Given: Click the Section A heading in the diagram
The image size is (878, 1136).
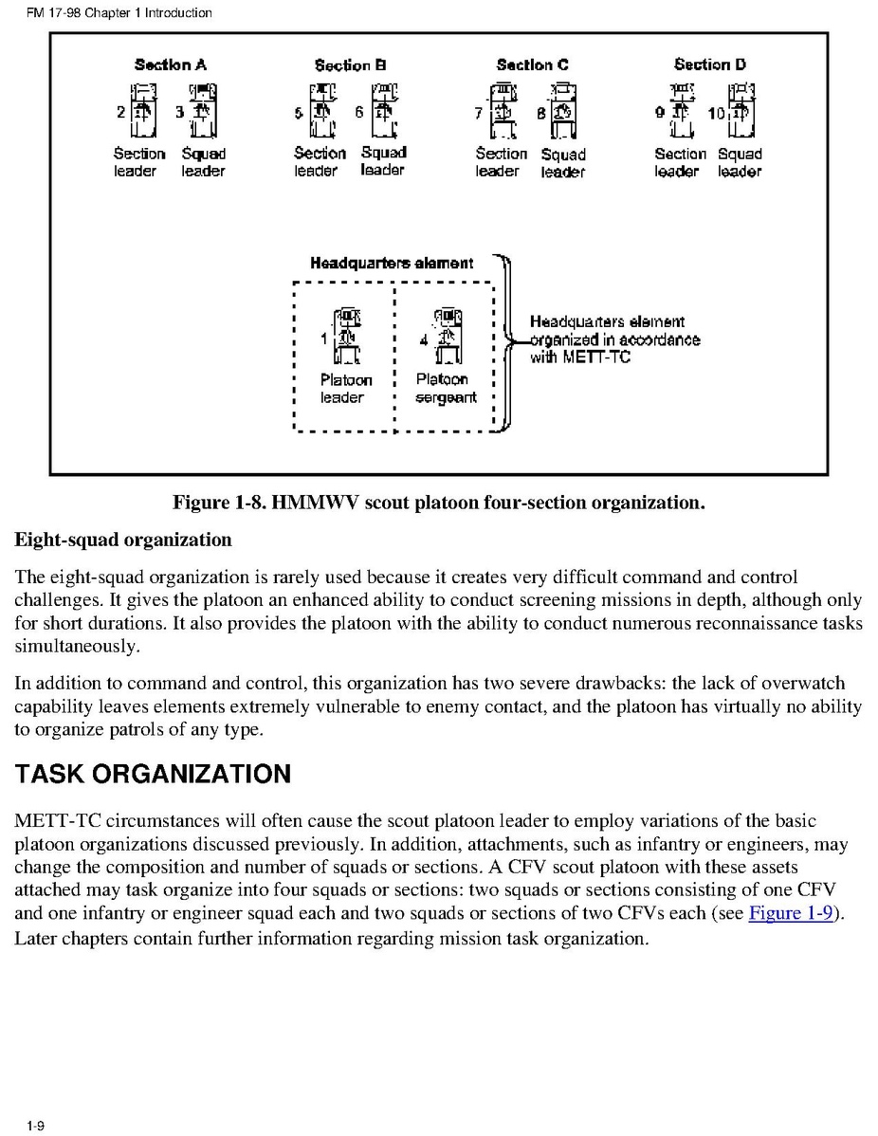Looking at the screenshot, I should (x=171, y=65).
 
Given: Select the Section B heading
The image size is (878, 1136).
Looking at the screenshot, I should (x=351, y=65).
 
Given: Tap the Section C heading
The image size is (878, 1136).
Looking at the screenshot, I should (x=532, y=65).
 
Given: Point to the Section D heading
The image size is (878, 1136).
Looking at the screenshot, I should (x=709, y=64).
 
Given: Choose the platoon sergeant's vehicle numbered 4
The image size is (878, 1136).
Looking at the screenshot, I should (x=447, y=336).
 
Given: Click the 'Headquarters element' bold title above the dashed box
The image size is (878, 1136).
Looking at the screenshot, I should (x=392, y=263).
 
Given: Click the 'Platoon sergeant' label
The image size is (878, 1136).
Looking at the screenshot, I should (x=446, y=389).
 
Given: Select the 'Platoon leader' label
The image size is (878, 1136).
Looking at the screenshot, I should (x=346, y=389).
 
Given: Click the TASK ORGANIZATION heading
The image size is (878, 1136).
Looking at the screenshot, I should (x=153, y=775).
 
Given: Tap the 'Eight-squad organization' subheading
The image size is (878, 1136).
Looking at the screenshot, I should (x=122, y=541).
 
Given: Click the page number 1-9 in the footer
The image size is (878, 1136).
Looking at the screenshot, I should (x=36, y=1126).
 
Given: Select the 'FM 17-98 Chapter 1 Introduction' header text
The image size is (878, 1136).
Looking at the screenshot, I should (x=119, y=13).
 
